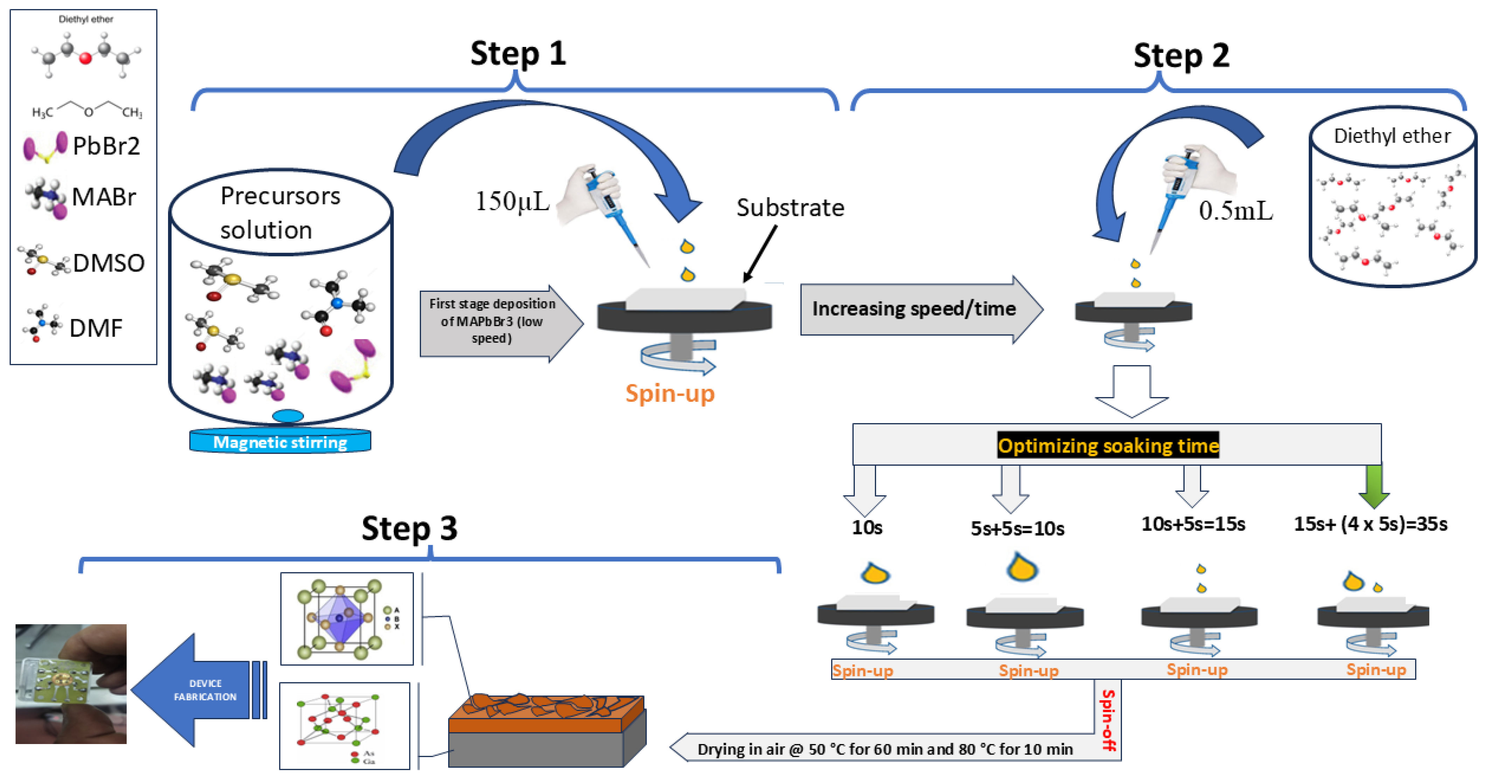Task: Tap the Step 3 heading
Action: (x=409, y=528)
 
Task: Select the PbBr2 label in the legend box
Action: (x=106, y=146)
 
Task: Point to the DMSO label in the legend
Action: (x=109, y=263)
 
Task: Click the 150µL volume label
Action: (x=512, y=201)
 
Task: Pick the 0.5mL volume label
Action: (x=1235, y=211)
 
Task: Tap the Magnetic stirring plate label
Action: (x=280, y=442)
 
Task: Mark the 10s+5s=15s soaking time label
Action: (x=1193, y=524)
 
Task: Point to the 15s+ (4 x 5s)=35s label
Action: (x=1370, y=524)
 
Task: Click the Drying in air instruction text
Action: (x=884, y=749)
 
